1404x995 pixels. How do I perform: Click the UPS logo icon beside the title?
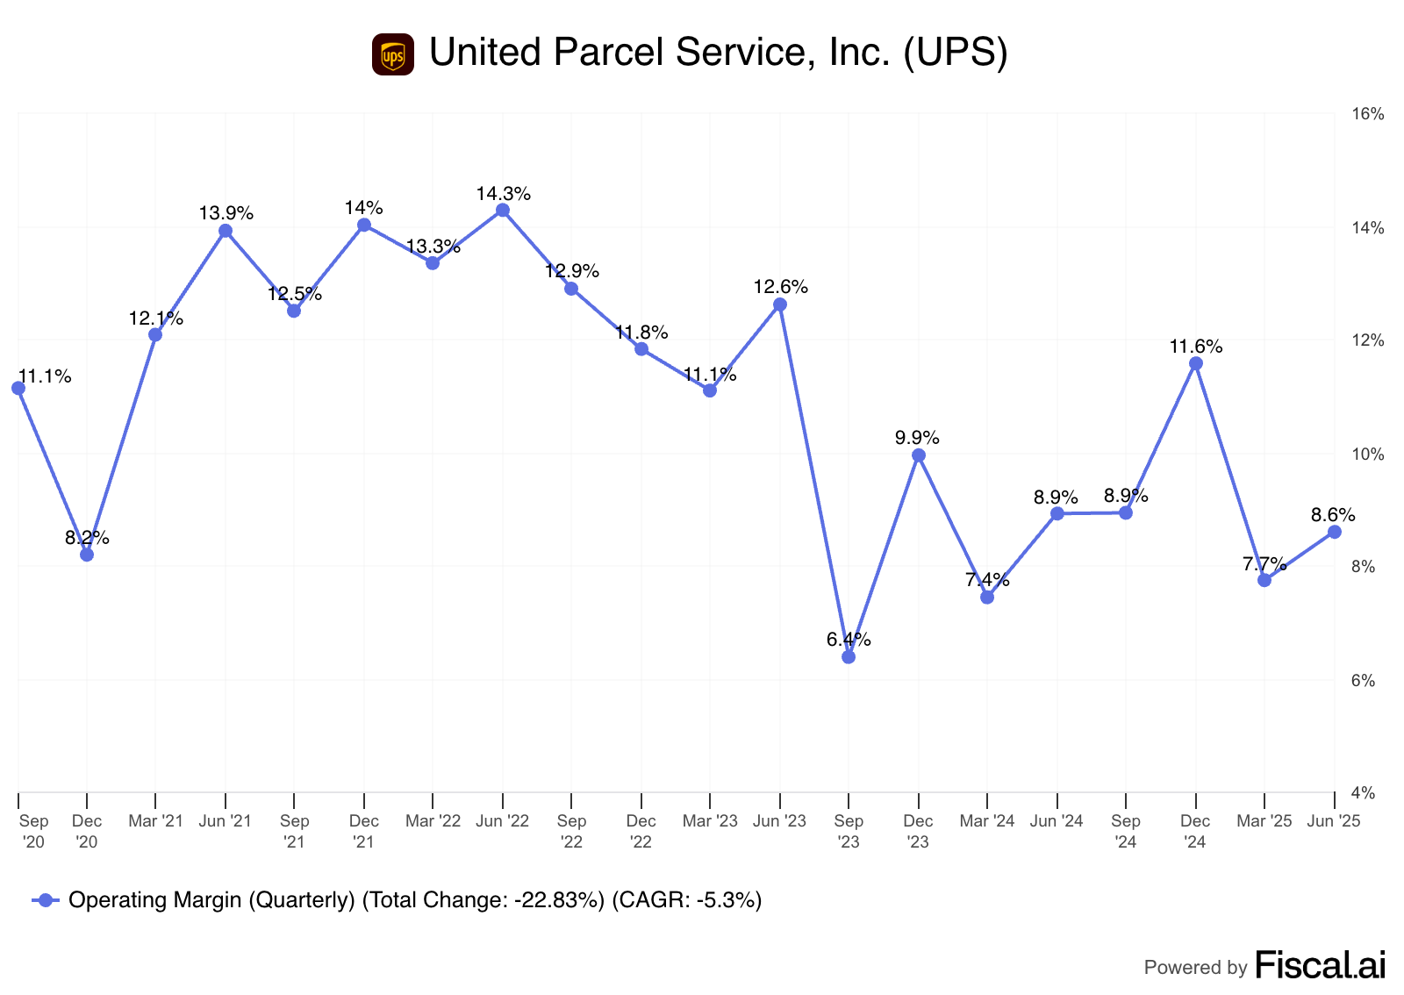pos(392,54)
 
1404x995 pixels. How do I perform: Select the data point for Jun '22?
pos(503,211)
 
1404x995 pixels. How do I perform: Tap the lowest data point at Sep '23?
pos(849,657)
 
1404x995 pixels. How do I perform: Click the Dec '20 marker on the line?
pos(87,555)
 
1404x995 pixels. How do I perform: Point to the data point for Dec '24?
pos(1195,363)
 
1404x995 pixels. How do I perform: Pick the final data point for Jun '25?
pos(1334,532)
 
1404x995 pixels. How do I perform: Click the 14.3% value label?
pos(503,194)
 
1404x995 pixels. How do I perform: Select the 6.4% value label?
pos(849,640)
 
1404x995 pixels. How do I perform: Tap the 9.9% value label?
pos(917,437)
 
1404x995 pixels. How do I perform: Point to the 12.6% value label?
pos(780,287)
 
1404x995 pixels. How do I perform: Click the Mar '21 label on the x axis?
pos(155,821)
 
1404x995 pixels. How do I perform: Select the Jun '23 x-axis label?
pos(779,821)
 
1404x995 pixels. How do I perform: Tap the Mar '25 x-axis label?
pos(1264,821)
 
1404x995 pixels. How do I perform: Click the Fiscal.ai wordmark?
pos(1321,965)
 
